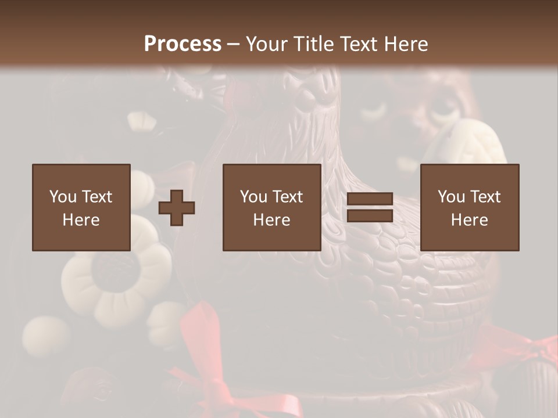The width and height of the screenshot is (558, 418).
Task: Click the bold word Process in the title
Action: [x=183, y=44]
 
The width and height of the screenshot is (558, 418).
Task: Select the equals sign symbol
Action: [x=370, y=208]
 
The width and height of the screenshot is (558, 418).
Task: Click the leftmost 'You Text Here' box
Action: [x=81, y=208]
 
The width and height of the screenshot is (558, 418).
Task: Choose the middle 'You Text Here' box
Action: [x=271, y=208]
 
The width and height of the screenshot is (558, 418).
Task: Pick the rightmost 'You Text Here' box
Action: [x=470, y=208]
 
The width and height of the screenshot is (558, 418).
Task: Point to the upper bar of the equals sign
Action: [x=370, y=199]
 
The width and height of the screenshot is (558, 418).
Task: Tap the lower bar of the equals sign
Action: [x=370, y=216]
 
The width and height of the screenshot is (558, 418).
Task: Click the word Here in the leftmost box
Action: [x=81, y=220]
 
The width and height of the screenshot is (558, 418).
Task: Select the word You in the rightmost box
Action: [x=451, y=197]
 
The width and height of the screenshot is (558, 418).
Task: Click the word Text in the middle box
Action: [x=287, y=197]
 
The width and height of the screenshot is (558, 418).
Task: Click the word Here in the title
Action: [x=407, y=44]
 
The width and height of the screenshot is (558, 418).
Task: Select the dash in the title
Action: [x=233, y=44]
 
